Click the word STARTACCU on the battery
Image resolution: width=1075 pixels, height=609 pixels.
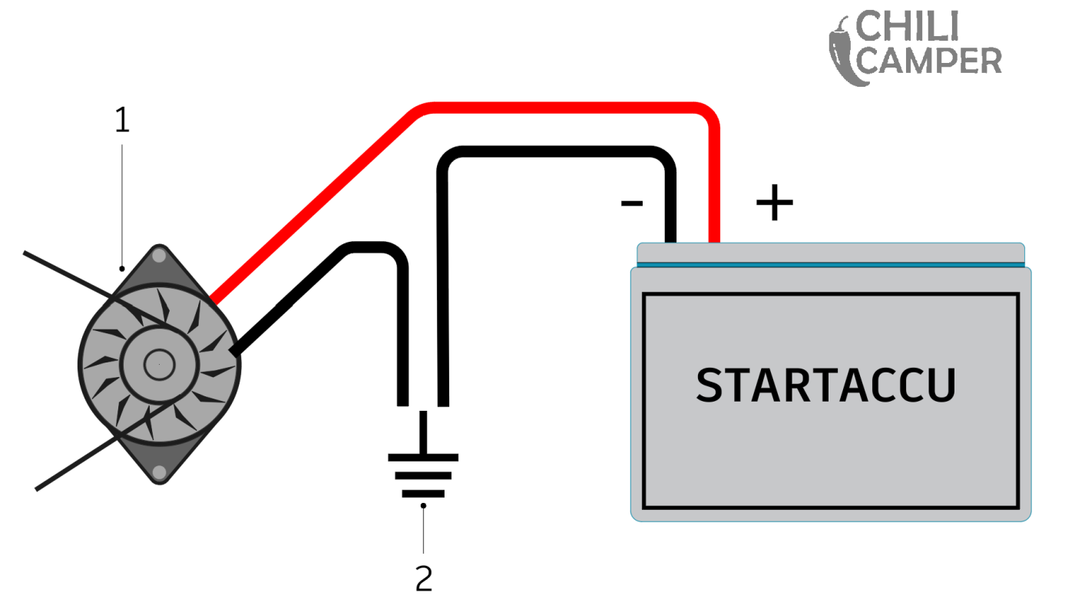tap(825, 386)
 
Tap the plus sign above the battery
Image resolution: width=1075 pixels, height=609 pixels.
tap(774, 204)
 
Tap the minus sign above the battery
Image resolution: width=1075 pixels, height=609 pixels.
tap(631, 203)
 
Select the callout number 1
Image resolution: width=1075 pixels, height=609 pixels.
tap(121, 121)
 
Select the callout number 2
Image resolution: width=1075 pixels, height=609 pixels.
tap(424, 578)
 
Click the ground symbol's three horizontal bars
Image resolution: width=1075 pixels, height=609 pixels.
tap(423, 475)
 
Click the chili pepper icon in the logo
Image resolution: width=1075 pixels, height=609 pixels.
tap(842, 51)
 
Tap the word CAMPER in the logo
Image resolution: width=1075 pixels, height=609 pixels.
tap(929, 61)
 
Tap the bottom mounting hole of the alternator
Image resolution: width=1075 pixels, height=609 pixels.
tap(159, 471)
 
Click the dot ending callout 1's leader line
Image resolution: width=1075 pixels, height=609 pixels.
tap(121, 270)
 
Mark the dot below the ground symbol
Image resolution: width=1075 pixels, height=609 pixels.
tap(424, 505)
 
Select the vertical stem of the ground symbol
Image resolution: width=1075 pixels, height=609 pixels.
tap(423, 432)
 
